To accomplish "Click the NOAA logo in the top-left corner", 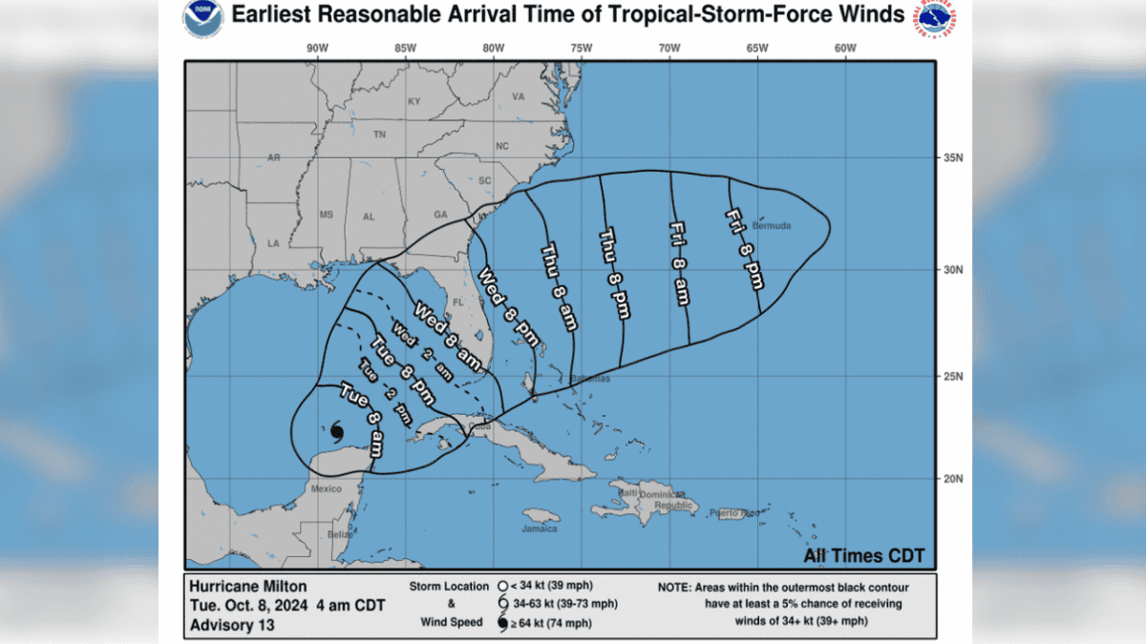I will pos(202,19).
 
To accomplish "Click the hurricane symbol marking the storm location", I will pos(336,433).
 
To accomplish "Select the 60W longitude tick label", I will pos(844,49).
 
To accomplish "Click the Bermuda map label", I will pos(771,226).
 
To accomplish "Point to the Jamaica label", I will pos(541,528).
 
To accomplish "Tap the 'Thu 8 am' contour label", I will pos(557,285).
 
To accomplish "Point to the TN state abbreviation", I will pos(379,135).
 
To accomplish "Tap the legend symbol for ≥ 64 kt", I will pos(502,624).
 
